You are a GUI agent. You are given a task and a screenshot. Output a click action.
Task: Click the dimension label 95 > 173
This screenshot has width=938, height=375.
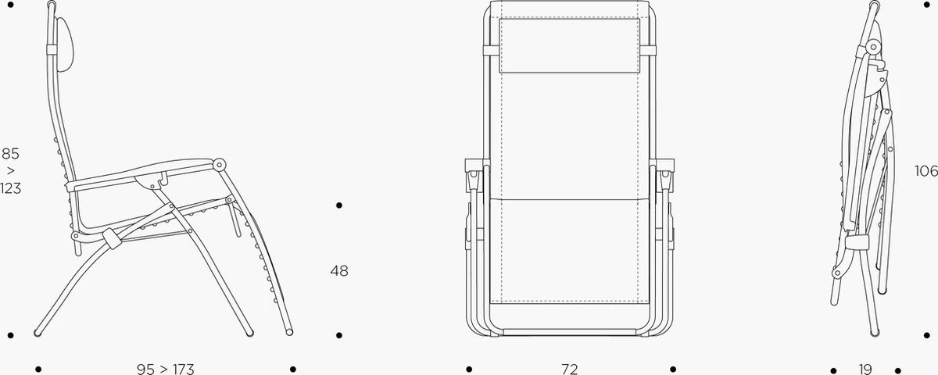point(166,369)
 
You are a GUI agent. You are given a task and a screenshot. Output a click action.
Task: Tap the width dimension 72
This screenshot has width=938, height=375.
point(570,369)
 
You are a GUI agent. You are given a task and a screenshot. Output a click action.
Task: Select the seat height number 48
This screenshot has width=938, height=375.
point(339,271)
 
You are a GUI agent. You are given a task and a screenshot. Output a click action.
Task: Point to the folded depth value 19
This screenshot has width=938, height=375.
point(865,369)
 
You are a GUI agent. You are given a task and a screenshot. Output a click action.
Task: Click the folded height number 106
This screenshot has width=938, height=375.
point(925,171)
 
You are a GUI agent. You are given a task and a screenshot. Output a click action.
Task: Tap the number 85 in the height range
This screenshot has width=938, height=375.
point(10,154)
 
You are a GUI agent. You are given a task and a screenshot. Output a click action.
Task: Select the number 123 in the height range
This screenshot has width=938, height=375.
point(10,188)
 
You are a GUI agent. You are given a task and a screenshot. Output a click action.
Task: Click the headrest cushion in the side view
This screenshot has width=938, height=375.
point(65,44)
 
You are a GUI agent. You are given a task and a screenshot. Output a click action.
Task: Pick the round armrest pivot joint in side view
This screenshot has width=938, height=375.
point(219,165)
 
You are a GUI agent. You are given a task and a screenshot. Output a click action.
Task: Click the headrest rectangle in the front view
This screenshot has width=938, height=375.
point(570,45)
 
